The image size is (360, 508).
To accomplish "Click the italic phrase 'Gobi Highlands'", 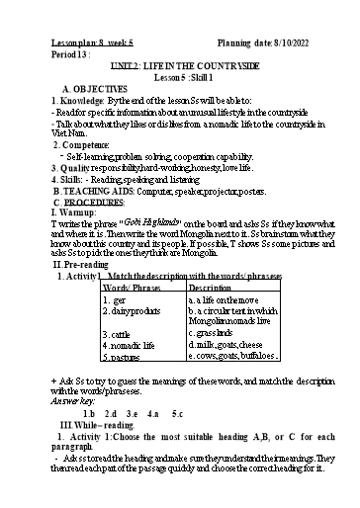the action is click(x=159, y=220).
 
